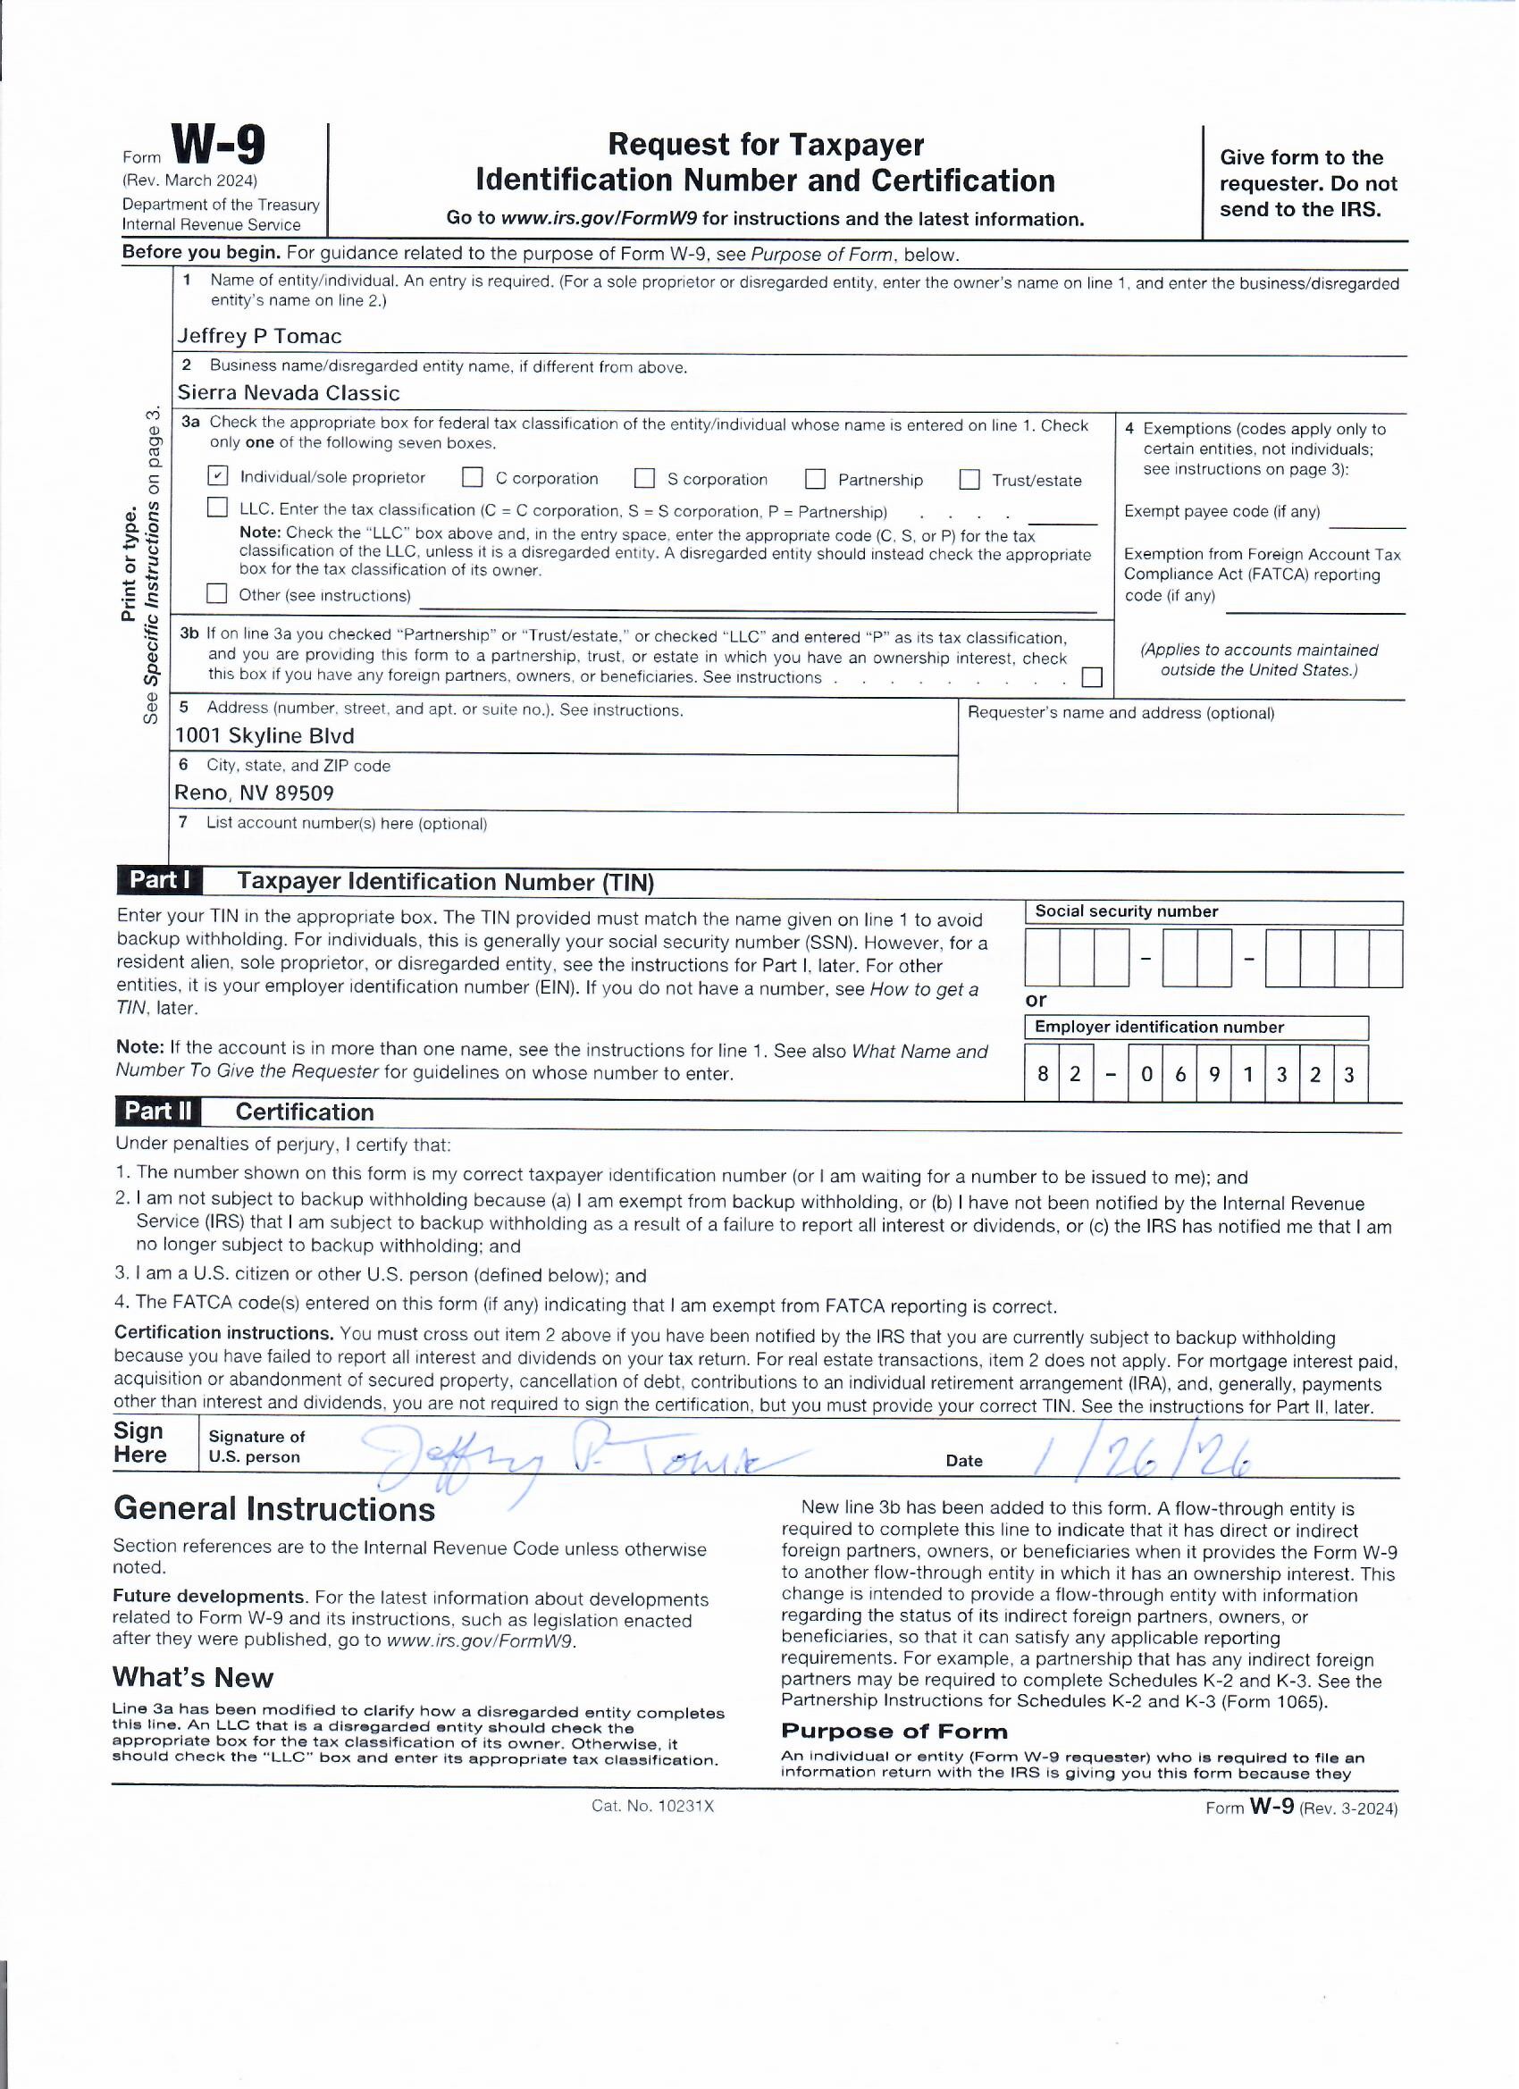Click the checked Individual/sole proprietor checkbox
tap(217, 476)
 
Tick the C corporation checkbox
tap(473, 478)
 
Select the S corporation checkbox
tap(645, 479)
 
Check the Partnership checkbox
tap(815, 479)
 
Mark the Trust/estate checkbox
tap(969, 480)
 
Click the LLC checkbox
tap(217, 508)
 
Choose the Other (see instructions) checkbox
tap(217, 594)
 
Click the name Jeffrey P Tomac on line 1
tap(259, 336)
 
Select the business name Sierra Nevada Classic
tap(289, 393)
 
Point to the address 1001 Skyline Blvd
tap(264, 736)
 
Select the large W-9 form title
tap(218, 147)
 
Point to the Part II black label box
tap(158, 1112)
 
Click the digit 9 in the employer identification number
tap(1215, 1074)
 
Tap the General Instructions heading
tap(274, 1510)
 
